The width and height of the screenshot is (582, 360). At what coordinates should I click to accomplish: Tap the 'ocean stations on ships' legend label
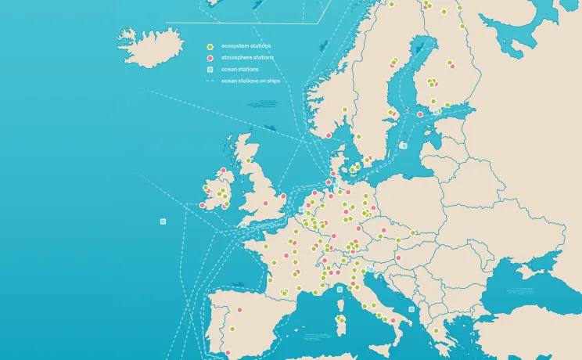[x=250, y=81]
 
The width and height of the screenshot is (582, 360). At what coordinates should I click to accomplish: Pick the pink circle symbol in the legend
[x=210, y=59]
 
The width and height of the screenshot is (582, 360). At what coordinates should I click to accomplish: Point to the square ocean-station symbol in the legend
[x=210, y=70]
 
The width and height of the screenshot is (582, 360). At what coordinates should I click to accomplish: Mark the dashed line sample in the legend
[x=210, y=81]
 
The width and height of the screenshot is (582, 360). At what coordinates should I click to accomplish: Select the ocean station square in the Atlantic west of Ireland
[x=163, y=221]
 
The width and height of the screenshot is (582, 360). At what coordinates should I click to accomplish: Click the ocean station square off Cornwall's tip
[x=245, y=224]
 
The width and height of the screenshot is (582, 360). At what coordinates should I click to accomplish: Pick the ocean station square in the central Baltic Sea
[x=404, y=145]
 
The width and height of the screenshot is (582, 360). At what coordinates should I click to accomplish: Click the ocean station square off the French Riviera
[x=339, y=289]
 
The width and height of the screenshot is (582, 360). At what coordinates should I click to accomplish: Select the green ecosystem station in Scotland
[x=248, y=160]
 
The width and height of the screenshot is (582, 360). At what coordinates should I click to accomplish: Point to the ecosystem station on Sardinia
[x=340, y=319]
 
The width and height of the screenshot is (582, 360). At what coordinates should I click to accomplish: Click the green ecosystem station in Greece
[x=436, y=330]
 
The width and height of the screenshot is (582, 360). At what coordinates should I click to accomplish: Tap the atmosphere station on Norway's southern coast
[x=329, y=135]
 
